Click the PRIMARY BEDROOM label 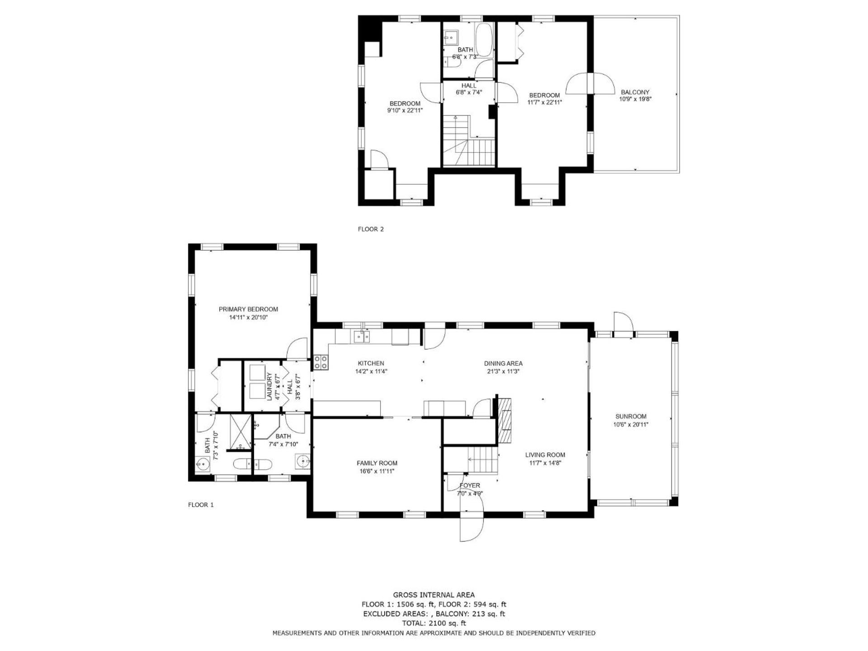click(248, 309)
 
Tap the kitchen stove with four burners click(321, 362)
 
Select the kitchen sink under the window click(362, 336)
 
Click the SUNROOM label click(631, 416)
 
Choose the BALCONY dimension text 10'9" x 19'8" click(635, 99)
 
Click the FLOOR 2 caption click(371, 229)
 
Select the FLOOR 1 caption click(201, 505)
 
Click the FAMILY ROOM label click(377, 463)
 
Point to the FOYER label click(470, 486)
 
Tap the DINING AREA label click(503, 363)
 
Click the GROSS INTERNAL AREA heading click(434, 595)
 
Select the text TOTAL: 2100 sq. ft click(434, 623)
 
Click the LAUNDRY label click(269, 387)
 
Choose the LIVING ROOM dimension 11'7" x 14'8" click(545, 463)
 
